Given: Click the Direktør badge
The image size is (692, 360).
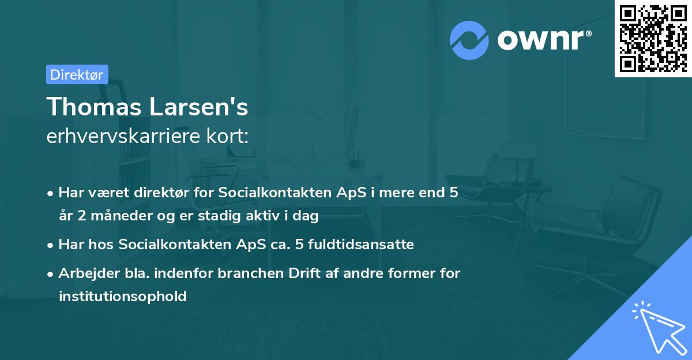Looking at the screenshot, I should point(77,74).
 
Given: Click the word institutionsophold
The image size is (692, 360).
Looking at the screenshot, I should point(123,297).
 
